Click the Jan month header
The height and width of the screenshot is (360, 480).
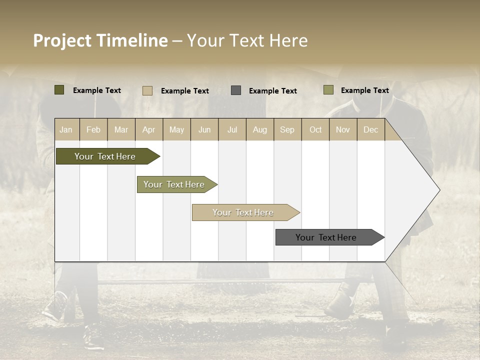click(x=66, y=129)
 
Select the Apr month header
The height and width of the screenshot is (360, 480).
click(x=148, y=129)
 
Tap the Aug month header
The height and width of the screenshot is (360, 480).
click(x=259, y=129)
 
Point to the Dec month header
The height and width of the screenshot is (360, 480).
click(x=370, y=129)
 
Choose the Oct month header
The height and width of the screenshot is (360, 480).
click(x=315, y=129)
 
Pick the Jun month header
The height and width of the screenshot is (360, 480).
click(x=204, y=129)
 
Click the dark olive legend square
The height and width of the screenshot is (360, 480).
click(x=59, y=90)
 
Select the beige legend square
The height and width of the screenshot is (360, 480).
click(x=147, y=90)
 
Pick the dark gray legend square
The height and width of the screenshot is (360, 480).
click(x=236, y=90)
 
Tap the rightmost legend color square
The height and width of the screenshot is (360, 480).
click(x=328, y=90)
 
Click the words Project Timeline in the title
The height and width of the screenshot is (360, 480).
click(x=100, y=40)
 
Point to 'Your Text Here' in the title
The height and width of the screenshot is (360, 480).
click(x=247, y=40)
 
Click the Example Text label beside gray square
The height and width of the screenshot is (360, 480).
click(x=272, y=91)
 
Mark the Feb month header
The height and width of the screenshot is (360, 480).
click(x=93, y=129)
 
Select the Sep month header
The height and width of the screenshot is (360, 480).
click(x=287, y=129)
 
